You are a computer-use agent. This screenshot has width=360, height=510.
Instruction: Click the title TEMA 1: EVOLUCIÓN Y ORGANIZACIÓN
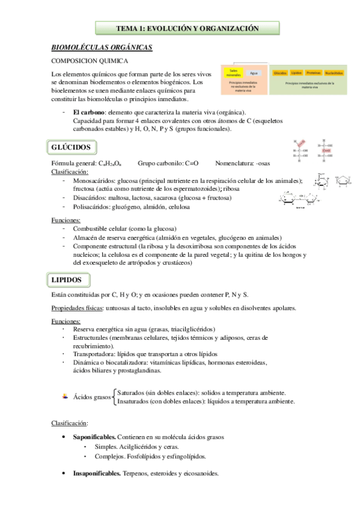187,28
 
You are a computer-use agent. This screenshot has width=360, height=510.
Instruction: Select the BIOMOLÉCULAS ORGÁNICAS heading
101,47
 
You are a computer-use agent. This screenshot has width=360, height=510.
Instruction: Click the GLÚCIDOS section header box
70,147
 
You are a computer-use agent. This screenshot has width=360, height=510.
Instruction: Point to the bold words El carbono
90,112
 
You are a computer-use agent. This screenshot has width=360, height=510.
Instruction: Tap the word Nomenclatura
234,163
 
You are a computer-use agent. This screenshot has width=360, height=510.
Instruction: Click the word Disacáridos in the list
90,197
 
